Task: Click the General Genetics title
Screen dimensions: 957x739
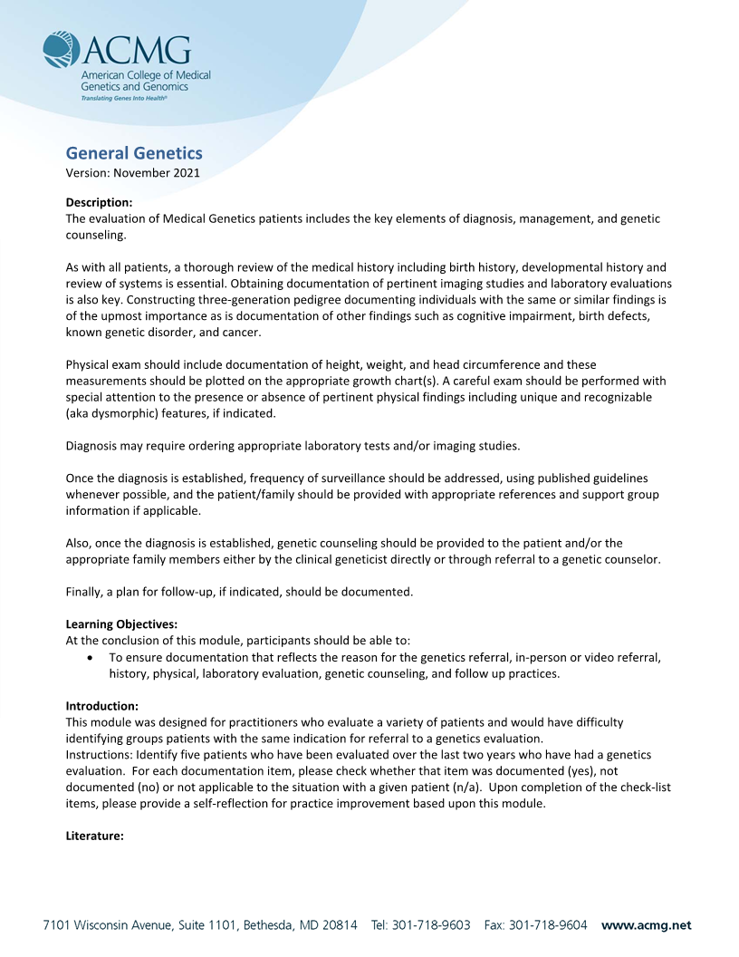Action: pos(134,153)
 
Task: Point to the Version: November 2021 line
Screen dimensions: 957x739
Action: pos(133,172)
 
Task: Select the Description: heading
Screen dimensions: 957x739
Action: pos(100,201)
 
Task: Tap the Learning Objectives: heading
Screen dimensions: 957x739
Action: pos(122,623)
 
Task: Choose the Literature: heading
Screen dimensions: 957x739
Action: pos(95,836)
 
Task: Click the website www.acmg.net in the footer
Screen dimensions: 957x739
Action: pos(646,925)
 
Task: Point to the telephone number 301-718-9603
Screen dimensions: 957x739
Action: pos(431,925)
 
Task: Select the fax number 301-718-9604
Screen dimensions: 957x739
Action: pos(548,925)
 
